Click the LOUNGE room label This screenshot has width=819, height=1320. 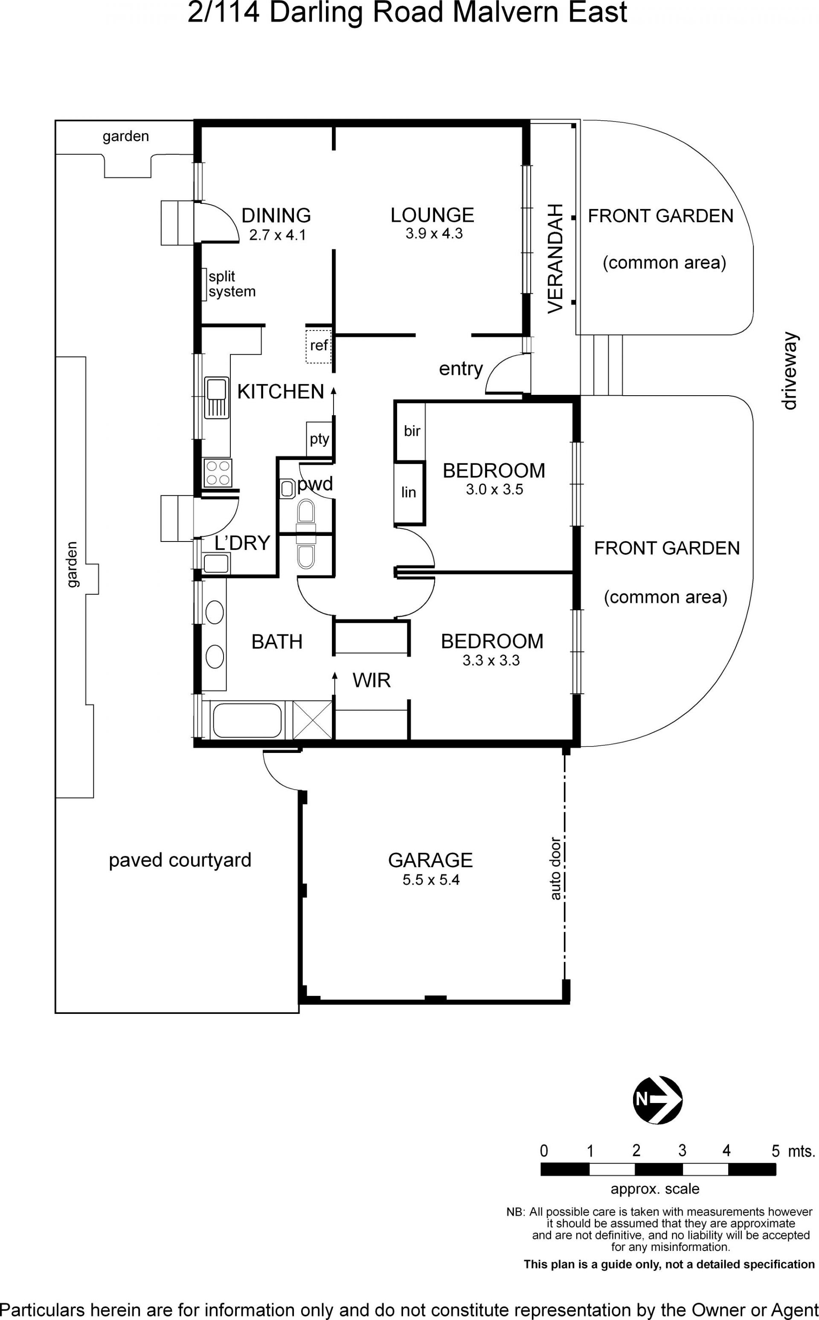click(432, 215)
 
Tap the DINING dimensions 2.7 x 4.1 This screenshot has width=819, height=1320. click(277, 235)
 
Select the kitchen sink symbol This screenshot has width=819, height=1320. click(217, 398)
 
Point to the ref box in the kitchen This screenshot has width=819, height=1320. click(319, 346)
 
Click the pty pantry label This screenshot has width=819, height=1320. click(319, 439)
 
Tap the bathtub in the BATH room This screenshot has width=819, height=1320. click(247, 720)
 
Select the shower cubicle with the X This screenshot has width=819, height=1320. click(313, 720)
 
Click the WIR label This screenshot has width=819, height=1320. click(372, 680)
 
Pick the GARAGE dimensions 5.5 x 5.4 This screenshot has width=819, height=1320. click(431, 880)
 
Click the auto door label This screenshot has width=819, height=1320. click(555, 868)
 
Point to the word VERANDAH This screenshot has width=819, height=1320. click(556, 258)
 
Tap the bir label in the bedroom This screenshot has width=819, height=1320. click(412, 431)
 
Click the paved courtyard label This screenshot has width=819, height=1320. click(180, 860)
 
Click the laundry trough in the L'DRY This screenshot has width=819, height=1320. click(217, 564)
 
